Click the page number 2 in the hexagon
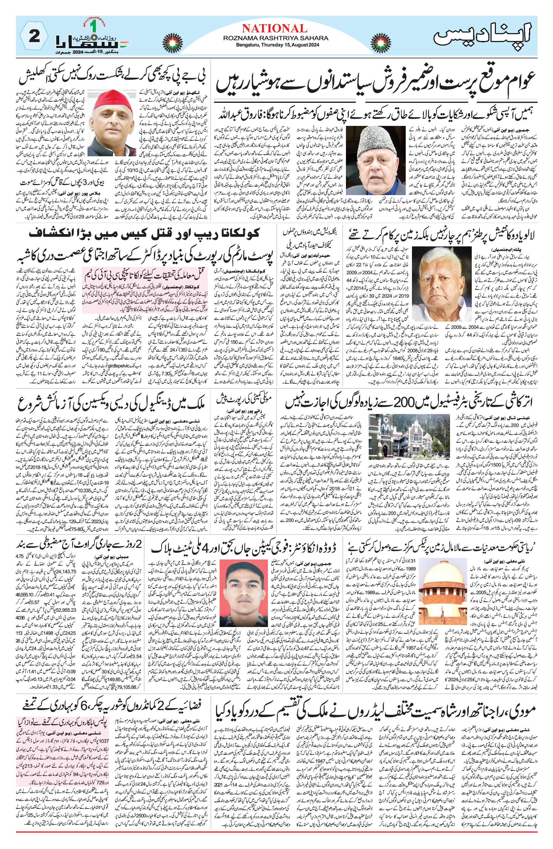(x=34, y=36)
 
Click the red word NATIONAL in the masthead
(x=274, y=28)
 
